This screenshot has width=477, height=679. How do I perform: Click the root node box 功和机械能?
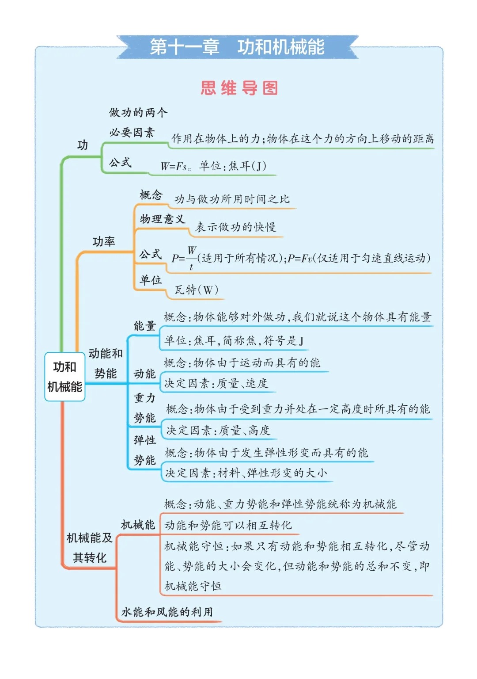(x=64, y=377)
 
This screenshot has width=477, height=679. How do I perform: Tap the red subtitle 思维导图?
(x=239, y=88)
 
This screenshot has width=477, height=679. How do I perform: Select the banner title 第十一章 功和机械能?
(x=237, y=47)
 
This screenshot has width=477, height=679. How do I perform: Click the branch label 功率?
(x=104, y=241)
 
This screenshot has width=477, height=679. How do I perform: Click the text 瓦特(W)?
(x=196, y=290)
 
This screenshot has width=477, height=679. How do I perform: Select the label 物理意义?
(x=163, y=219)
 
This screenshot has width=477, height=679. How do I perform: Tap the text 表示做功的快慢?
(x=235, y=227)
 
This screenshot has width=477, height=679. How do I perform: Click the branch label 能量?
(x=145, y=326)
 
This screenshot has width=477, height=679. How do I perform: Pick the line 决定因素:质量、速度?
(x=216, y=383)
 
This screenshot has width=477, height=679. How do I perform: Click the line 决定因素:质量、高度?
(x=218, y=430)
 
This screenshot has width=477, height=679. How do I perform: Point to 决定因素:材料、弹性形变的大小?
(x=246, y=473)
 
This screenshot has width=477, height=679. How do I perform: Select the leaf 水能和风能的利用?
(x=167, y=612)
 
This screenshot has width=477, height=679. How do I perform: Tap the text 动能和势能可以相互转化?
(x=228, y=525)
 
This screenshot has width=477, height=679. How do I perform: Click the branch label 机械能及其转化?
(x=90, y=548)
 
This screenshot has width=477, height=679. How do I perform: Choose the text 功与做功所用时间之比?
(x=232, y=199)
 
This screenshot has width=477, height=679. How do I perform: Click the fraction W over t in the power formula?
(x=191, y=258)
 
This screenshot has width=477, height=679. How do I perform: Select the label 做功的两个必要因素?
(x=137, y=122)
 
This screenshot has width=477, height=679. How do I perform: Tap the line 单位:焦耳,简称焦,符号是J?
(x=234, y=341)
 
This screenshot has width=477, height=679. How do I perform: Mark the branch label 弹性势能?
(x=145, y=450)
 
